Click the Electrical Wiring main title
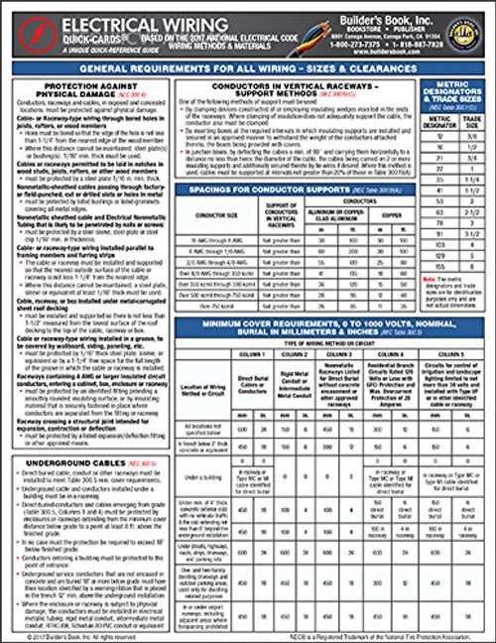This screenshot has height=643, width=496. [125, 17]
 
